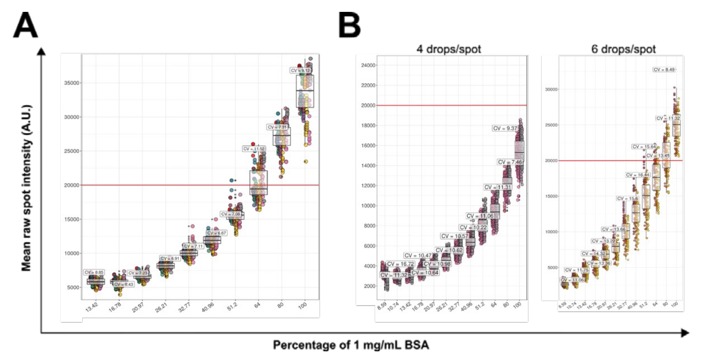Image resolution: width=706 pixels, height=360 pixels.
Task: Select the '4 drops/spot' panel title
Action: tap(448, 49)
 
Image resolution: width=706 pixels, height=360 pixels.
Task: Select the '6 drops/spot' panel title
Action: tap(623, 49)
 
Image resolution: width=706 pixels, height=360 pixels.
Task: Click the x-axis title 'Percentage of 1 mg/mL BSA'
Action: tap(350, 345)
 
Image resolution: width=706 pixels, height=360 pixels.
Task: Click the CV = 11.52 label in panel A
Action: tap(254, 149)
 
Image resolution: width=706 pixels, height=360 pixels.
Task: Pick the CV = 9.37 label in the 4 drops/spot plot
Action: tap(505, 128)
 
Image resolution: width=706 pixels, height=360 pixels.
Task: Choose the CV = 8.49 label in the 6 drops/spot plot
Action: tap(664, 70)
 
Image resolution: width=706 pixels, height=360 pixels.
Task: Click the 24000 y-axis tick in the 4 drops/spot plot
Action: tap(367, 65)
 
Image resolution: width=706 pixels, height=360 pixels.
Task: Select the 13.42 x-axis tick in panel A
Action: tap(91, 307)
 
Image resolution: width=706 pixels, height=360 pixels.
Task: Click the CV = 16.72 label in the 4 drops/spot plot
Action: tap(400, 264)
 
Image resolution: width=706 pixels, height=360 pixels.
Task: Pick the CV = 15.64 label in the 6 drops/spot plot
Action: tap(644, 147)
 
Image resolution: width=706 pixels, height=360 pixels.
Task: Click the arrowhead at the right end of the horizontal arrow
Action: tap(685, 333)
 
